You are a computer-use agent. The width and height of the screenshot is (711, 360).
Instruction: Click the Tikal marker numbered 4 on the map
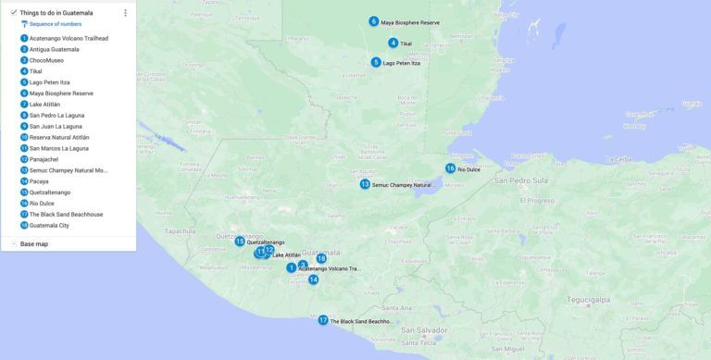[393, 43]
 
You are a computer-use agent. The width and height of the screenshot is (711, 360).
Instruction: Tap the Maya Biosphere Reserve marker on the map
[374, 21]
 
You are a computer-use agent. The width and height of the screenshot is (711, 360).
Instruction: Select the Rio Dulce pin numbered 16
[450, 168]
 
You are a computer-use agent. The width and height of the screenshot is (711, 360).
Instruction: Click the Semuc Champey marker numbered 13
[365, 184]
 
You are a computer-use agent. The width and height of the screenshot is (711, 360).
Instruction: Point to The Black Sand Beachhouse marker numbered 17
[323, 320]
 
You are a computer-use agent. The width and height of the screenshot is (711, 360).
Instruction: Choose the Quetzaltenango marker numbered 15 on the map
[239, 242]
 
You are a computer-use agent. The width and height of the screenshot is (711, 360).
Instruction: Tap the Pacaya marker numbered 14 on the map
[314, 279]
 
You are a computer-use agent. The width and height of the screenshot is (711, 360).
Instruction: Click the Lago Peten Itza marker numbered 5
[376, 63]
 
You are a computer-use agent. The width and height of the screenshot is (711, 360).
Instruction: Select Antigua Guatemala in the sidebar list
[54, 49]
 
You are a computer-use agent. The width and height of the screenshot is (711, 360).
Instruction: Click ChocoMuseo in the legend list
[46, 60]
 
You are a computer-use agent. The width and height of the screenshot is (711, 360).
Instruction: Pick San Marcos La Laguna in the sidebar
[58, 148]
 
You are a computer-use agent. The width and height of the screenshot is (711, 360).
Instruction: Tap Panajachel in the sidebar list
[45, 159]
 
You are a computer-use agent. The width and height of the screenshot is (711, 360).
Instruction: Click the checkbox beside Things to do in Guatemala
[13, 13]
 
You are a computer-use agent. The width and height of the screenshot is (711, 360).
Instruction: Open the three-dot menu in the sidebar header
[125, 13]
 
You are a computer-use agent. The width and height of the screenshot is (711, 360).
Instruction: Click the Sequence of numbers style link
[48, 24]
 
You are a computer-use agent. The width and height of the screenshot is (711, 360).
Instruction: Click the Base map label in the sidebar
[34, 243]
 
